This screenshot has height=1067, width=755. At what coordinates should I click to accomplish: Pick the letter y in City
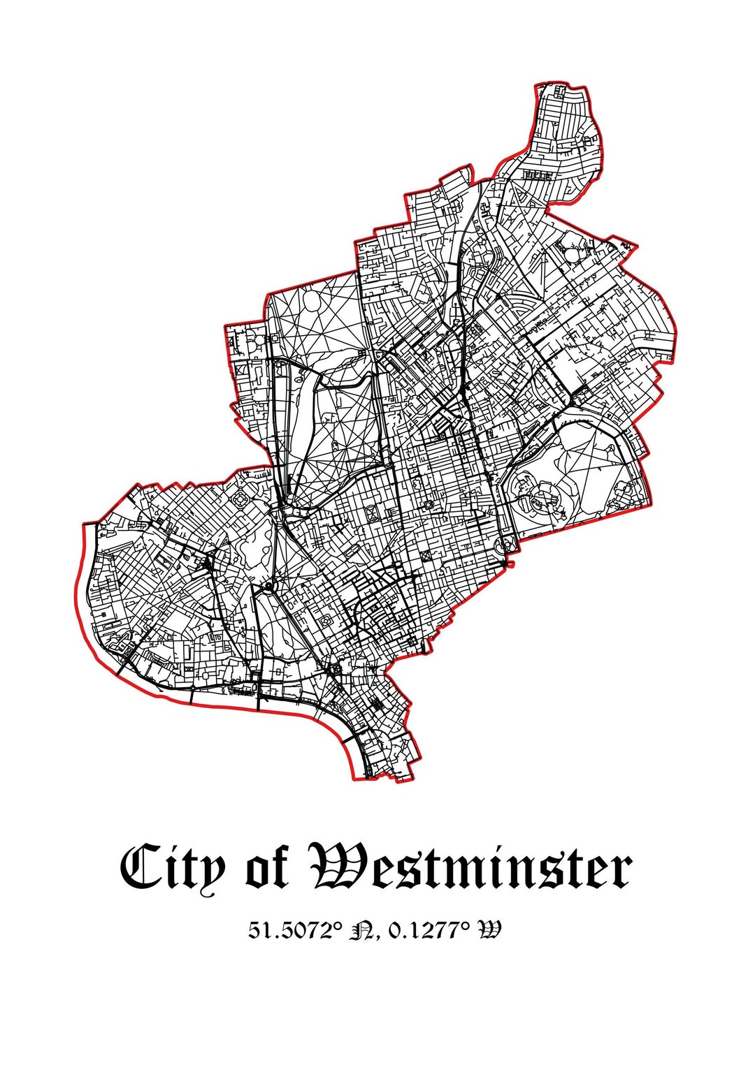click(213, 873)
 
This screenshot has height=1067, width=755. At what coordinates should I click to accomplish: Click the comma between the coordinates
click(377, 936)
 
